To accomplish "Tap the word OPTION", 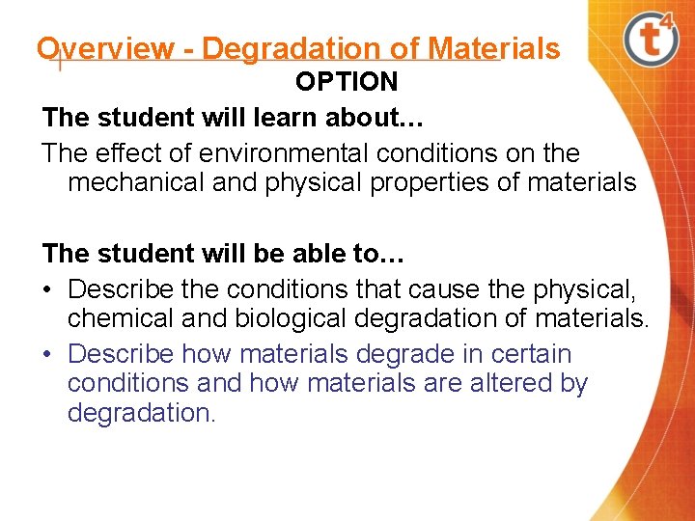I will pyautogui.click(x=347, y=82).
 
